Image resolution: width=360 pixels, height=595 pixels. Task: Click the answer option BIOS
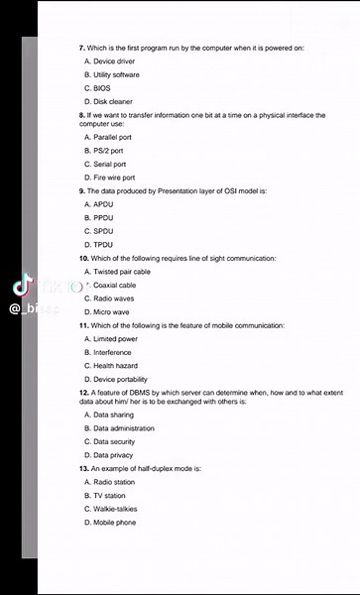(102, 88)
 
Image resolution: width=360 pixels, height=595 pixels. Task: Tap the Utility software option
(116, 74)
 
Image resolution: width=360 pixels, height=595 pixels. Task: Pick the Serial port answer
(109, 164)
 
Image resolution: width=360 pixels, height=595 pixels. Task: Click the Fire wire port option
(114, 178)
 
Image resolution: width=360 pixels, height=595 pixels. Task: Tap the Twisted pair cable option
(121, 271)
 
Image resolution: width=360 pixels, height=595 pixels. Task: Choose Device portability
(120, 379)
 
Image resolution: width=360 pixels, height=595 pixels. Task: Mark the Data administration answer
(123, 427)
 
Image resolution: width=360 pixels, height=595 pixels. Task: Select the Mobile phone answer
(114, 522)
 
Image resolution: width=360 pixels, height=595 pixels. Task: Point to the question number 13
(83, 467)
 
